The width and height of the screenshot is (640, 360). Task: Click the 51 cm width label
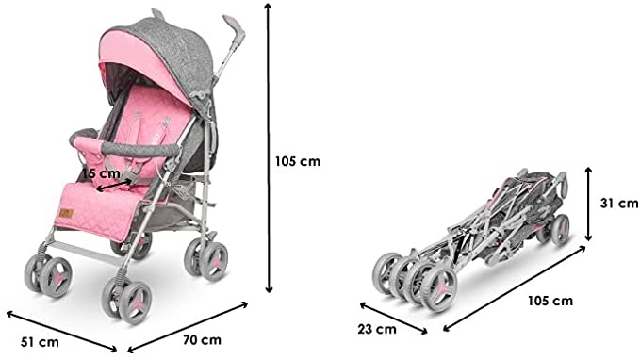(40, 342)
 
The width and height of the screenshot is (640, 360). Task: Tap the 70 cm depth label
(202, 339)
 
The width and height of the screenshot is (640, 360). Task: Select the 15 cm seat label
(102, 173)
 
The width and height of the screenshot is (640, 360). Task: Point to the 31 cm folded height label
(618, 203)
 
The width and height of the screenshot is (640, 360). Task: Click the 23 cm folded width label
(377, 329)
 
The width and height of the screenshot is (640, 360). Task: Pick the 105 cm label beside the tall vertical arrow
(298, 161)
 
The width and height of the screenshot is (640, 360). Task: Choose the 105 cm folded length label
(550, 302)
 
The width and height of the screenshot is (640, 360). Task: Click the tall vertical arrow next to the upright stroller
(269, 148)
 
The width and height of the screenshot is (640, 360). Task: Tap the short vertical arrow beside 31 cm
(588, 204)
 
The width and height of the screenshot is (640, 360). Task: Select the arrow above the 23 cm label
(393, 319)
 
